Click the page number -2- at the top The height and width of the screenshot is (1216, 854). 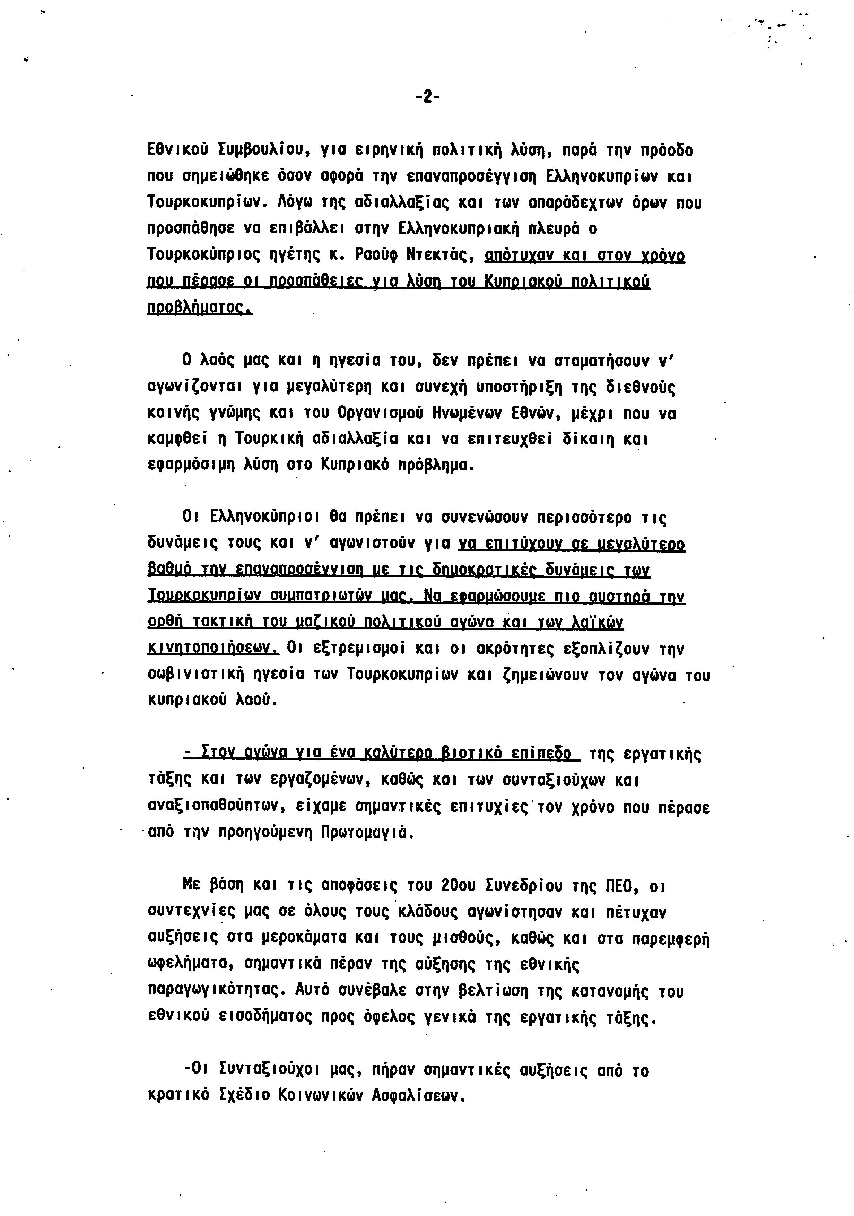pyautogui.click(x=427, y=97)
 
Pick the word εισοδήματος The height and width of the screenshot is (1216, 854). pyautogui.click(x=265, y=1017)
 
